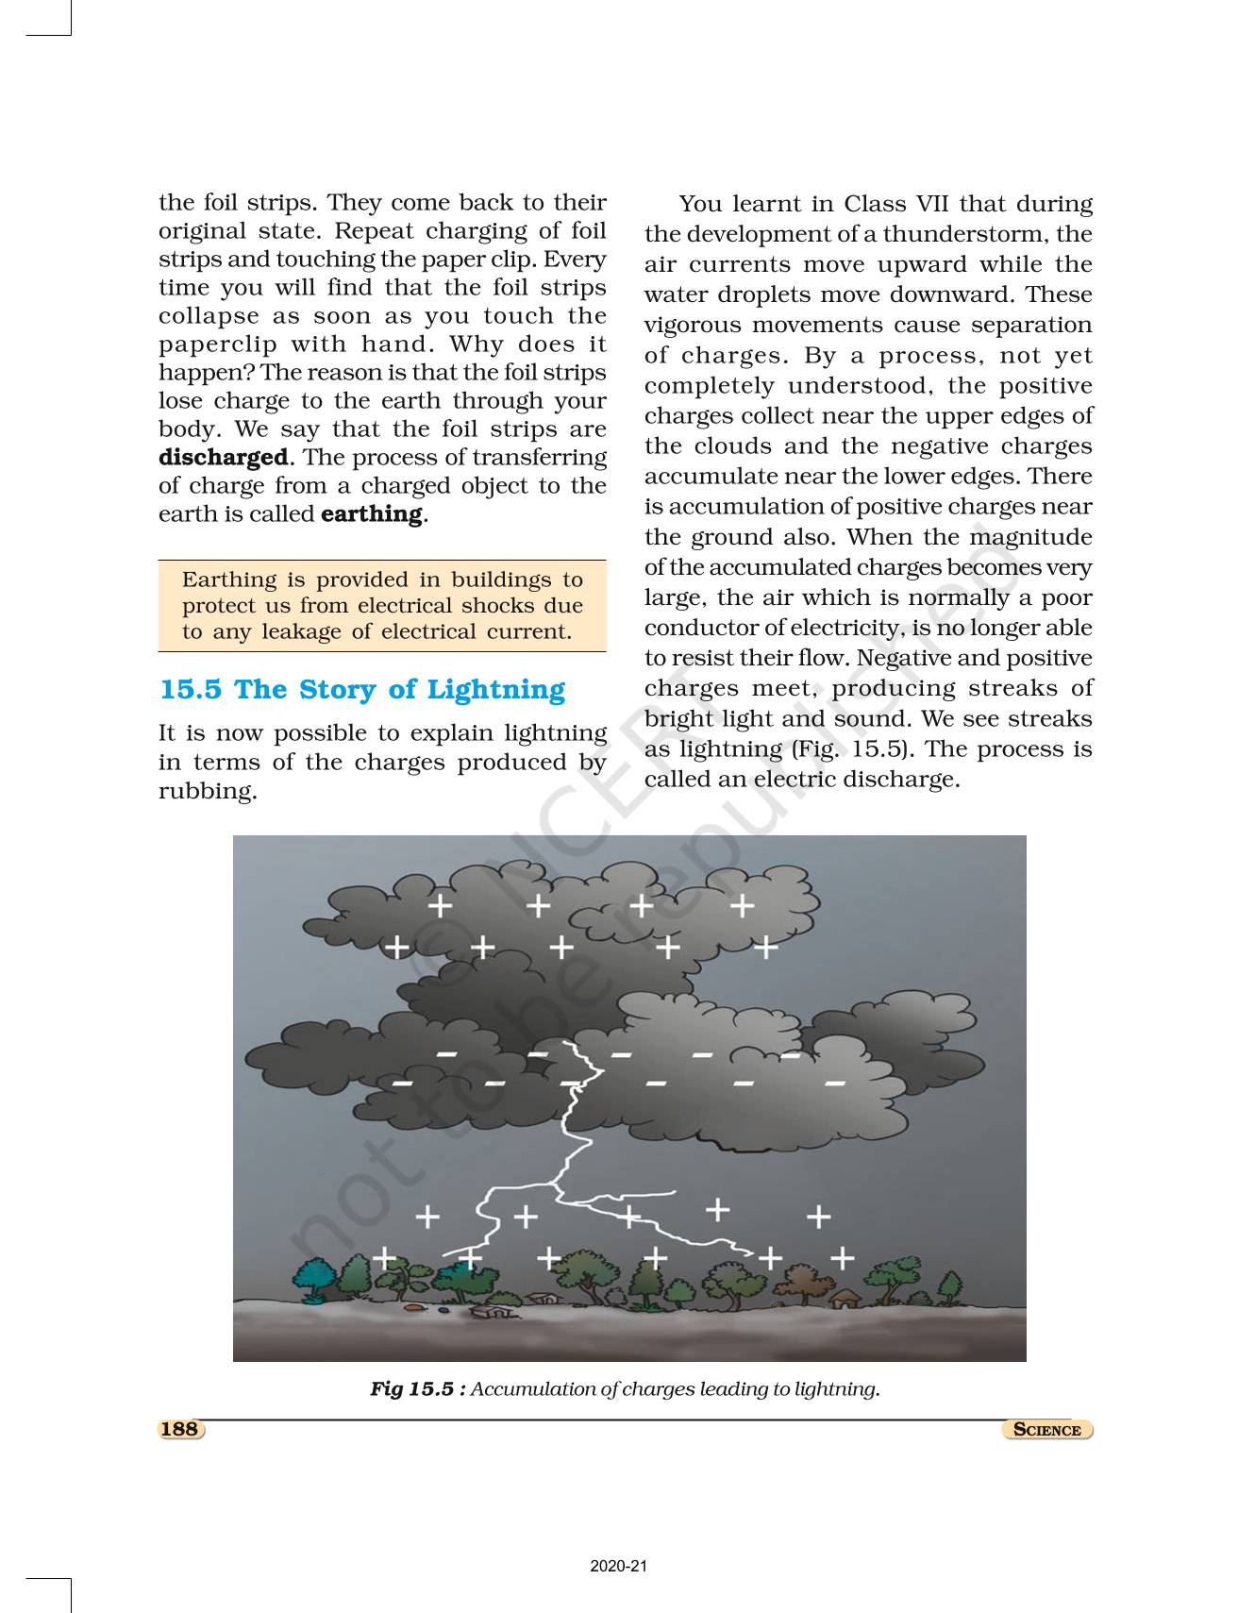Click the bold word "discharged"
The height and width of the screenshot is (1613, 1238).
tap(223, 458)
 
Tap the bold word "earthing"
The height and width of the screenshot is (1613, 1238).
tap(372, 514)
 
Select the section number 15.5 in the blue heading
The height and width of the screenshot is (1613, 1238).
tap(192, 690)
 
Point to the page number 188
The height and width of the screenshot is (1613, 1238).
tap(179, 1429)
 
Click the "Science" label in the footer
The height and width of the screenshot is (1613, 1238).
tap(1046, 1430)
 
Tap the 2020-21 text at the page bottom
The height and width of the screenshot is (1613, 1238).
tap(619, 1567)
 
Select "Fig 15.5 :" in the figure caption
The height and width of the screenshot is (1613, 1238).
tap(417, 1389)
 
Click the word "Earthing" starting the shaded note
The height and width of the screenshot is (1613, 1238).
tap(230, 580)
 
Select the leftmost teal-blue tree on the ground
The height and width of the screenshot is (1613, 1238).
tap(312, 1279)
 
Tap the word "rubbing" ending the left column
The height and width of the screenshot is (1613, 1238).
tap(207, 791)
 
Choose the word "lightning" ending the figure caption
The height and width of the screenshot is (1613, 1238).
tap(836, 1389)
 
